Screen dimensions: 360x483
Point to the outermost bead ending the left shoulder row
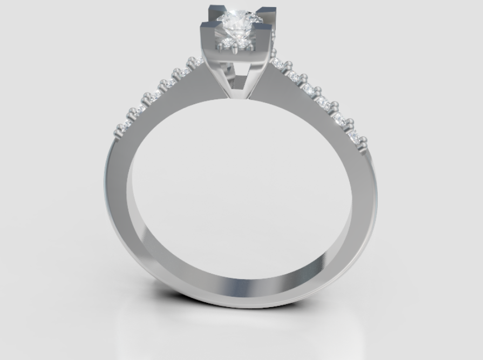tap(118, 132)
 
